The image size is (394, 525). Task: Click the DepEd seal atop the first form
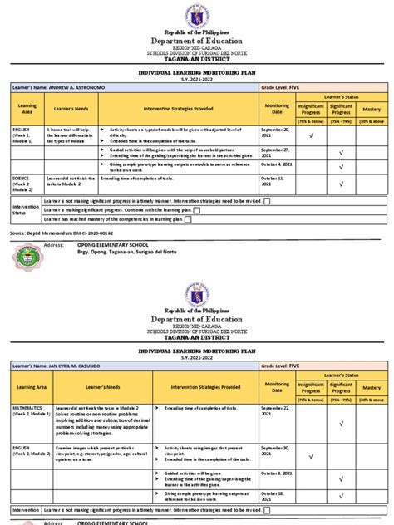tap(197, 18)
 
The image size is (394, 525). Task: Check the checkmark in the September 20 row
tap(310, 135)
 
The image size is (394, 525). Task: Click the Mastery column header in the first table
tap(371, 109)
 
